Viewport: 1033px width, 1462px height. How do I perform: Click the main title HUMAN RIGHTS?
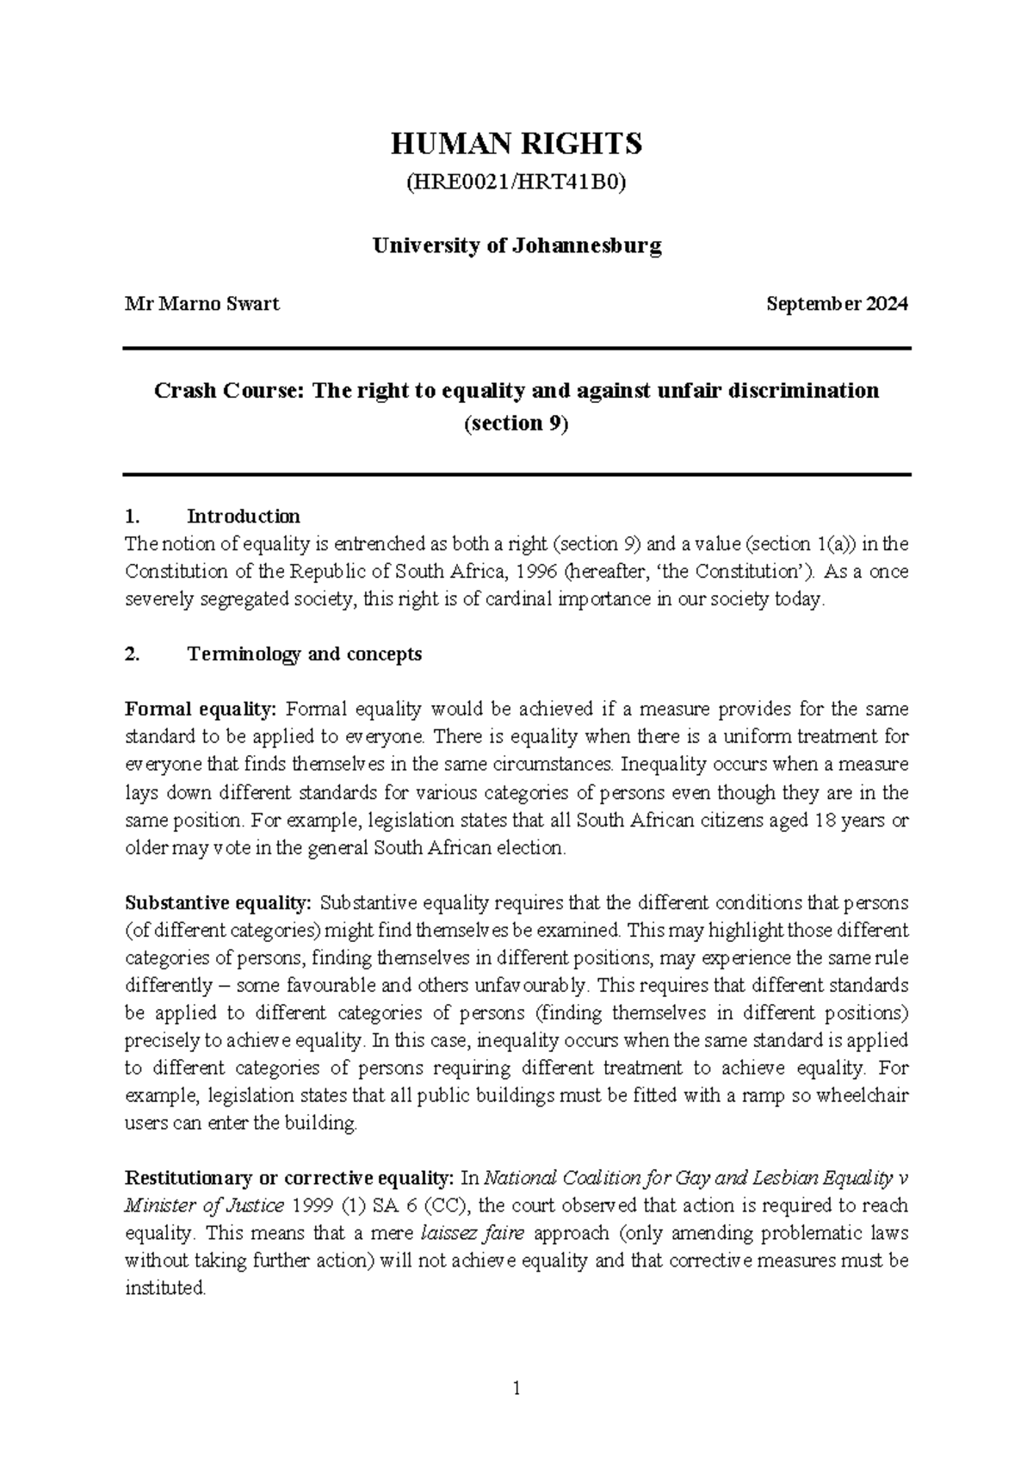coord(516,144)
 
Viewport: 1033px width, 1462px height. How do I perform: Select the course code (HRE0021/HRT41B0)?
coord(516,183)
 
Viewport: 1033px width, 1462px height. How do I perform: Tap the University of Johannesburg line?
coord(516,246)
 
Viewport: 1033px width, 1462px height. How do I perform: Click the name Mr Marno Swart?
coord(202,304)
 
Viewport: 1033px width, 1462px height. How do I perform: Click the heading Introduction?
coord(244,517)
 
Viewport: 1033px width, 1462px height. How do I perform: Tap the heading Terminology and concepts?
coord(304,654)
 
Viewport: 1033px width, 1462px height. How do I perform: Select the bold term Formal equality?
coord(201,709)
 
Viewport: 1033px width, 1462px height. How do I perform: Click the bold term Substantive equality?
coord(218,903)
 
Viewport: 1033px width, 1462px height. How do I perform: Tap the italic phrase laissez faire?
coord(473,1234)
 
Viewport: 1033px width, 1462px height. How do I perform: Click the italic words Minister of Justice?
coord(204,1206)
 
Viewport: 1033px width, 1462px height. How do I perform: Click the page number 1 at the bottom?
coord(516,1387)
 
